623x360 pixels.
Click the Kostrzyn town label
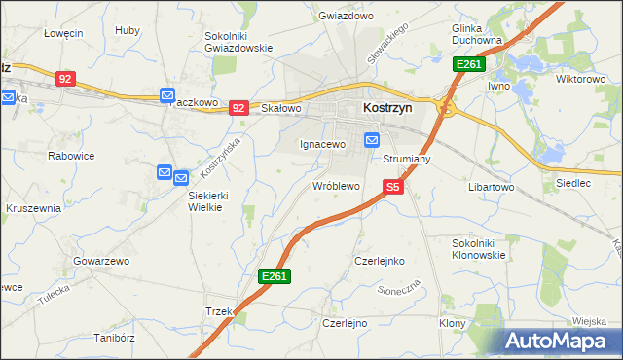click(386, 108)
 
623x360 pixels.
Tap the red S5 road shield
click(392, 185)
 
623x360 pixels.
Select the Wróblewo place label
click(337, 185)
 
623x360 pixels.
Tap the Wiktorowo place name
click(580, 78)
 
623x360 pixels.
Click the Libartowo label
click(491, 185)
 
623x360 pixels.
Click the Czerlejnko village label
click(379, 261)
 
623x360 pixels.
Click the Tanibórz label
click(112, 339)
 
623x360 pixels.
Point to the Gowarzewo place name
click(100, 261)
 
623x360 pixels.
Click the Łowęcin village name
click(63, 32)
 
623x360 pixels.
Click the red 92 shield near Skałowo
click(239, 108)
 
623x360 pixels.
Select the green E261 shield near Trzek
click(274, 277)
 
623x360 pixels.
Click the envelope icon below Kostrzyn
click(372, 140)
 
